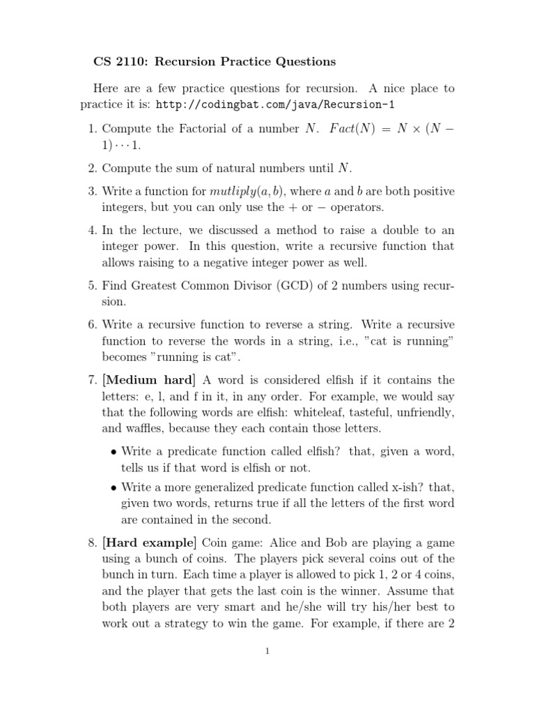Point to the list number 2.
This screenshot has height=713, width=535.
(x=93, y=167)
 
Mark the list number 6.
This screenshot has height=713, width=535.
(x=93, y=324)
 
